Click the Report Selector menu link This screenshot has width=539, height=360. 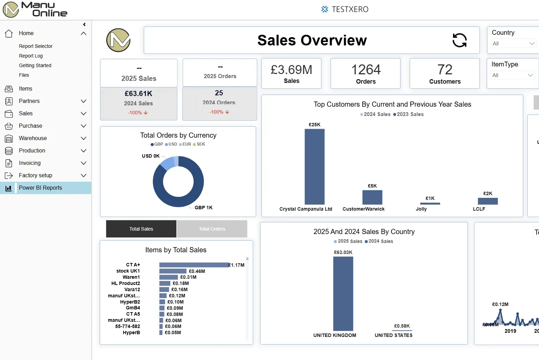coord(35,46)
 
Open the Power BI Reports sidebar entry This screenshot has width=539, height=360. coord(40,188)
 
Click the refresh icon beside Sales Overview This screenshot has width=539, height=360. coord(460,40)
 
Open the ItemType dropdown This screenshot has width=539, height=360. coord(513,75)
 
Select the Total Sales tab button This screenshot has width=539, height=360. coord(141,229)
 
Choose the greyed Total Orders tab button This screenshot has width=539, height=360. coord(212,229)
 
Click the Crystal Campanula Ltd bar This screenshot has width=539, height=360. coord(314,167)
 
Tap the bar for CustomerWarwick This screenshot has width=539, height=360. coord(372,197)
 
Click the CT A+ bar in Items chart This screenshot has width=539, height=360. coord(194,265)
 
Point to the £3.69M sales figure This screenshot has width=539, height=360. coord(291,70)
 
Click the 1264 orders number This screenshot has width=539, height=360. coord(366,70)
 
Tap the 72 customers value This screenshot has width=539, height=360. coord(445,70)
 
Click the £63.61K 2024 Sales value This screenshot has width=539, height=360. coord(138,94)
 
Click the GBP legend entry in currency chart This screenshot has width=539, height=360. coord(157,144)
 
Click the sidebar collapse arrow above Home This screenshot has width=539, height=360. coord(84,24)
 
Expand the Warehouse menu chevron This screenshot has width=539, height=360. coord(83,138)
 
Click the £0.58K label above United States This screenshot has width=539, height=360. coord(402,326)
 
